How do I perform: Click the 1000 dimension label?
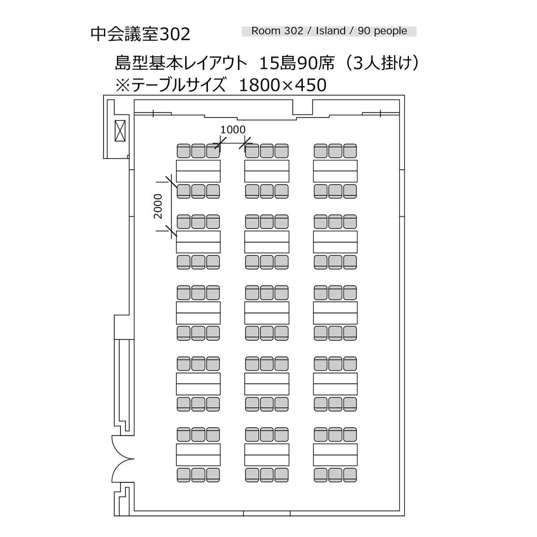pyautogui.click(x=233, y=130)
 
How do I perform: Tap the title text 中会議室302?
pyautogui.click(x=141, y=34)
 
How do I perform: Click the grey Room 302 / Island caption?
pyautogui.click(x=329, y=31)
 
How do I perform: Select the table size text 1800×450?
pyautogui.click(x=283, y=85)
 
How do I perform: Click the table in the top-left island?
pyautogui.click(x=198, y=170)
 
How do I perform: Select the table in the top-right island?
pyautogui.click(x=335, y=170)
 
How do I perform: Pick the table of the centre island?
pyautogui.click(x=267, y=313)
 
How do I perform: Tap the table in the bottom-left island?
pyautogui.click(x=198, y=455)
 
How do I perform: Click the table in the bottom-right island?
pyautogui.click(x=335, y=455)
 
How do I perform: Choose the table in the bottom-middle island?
pyautogui.click(x=267, y=455)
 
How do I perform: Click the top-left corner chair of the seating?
pyautogui.click(x=183, y=151)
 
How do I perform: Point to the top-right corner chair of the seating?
pyautogui.click(x=350, y=151)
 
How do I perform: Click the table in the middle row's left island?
pyautogui.click(x=198, y=313)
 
